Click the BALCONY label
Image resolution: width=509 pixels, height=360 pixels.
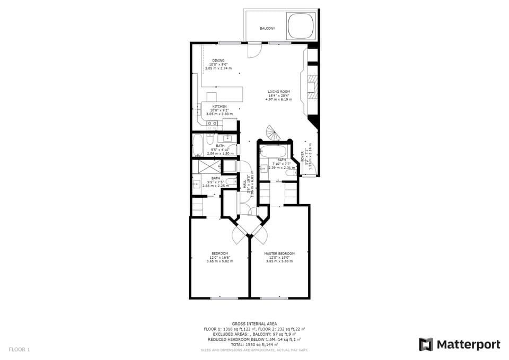(x=267, y=28)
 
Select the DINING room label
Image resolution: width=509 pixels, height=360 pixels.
(x=218, y=60)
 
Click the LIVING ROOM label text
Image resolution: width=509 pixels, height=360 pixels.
(x=278, y=92)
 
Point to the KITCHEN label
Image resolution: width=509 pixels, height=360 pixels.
(x=219, y=107)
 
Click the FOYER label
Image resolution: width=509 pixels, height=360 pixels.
(x=303, y=157)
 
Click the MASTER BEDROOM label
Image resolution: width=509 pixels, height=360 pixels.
(x=279, y=253)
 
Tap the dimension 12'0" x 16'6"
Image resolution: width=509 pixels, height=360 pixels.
(x=220, y=257)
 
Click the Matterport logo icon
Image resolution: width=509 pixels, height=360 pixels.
(x=426, y=345)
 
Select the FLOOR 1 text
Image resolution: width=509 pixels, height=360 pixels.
(x=20, y=349)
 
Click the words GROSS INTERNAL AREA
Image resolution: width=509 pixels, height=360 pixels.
(x=254, y=323)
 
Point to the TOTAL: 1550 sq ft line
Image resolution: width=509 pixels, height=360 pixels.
(x=254, y=345)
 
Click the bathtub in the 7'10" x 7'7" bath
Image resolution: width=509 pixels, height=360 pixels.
(x=274, y=151)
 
